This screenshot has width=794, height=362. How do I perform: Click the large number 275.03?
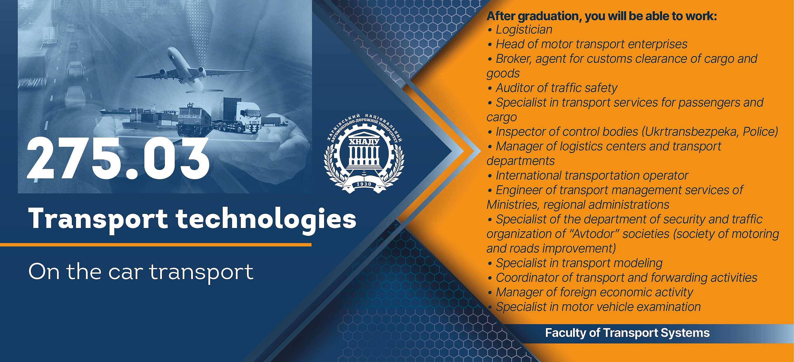[x=118, y=159]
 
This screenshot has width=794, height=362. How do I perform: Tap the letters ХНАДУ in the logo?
[x=364, y=142]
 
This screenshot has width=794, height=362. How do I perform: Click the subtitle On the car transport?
[x=141, y=272]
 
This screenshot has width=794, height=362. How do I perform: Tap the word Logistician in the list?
[x=524, y=30]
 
